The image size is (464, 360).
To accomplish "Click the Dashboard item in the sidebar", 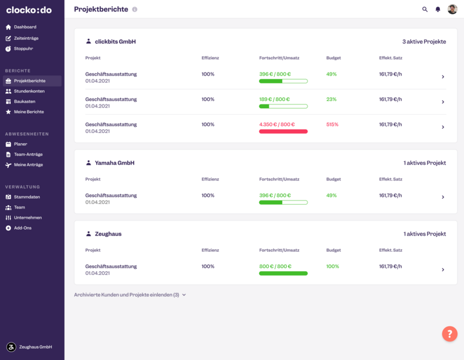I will tap(25, 27).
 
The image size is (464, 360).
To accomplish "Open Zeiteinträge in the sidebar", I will tap(26, 38).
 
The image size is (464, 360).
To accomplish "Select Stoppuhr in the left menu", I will tap(24, 48).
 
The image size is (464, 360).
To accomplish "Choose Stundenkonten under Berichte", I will tap(28, 91).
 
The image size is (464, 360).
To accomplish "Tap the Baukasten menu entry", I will tap(25, 101).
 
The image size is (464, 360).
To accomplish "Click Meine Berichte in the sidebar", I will tap(29, 112).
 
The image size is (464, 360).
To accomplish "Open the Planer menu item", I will tap(21, 144).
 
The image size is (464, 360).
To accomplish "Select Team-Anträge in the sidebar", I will tap(28, 154).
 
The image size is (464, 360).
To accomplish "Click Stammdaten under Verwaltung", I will tap(27, 197).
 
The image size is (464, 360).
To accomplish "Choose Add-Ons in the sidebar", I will tap(22, 228).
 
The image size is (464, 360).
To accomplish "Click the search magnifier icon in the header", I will tap(425, 10).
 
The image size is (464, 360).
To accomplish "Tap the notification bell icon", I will tap(438, 10).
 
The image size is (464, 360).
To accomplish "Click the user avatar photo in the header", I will tap(453, 9).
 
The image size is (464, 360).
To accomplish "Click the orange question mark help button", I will tap(449, 333).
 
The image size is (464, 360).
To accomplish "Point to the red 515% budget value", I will tap(332, 124).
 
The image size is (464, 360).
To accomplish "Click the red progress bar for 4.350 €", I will tap(283, 131).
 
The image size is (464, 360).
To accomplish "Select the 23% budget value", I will tap(331, 99).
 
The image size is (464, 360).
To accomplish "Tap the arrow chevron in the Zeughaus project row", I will tap(443, 269).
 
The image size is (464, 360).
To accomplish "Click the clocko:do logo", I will tap(29, 10).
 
